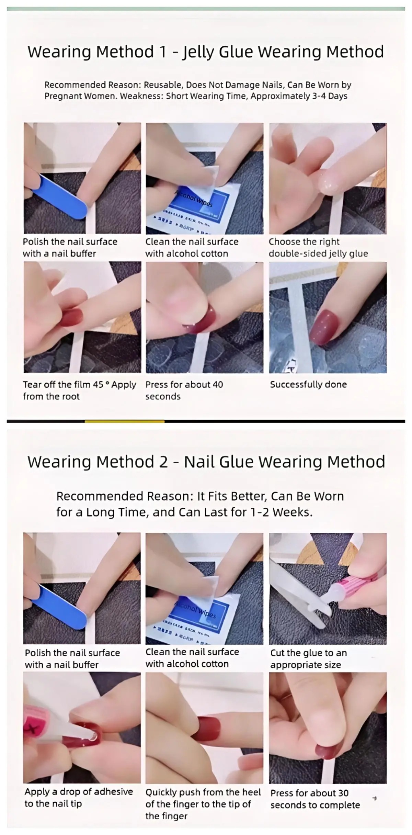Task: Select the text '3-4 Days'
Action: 330,96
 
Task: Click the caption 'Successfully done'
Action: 308,384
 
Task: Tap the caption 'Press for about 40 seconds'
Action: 184,390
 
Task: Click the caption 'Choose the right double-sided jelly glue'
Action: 318,248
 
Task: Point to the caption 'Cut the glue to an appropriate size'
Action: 308,659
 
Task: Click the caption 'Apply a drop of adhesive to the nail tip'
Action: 79,798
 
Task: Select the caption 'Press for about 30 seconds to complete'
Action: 315,799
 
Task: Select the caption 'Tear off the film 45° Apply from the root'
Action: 79,390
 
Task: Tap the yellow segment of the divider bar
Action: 124,421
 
